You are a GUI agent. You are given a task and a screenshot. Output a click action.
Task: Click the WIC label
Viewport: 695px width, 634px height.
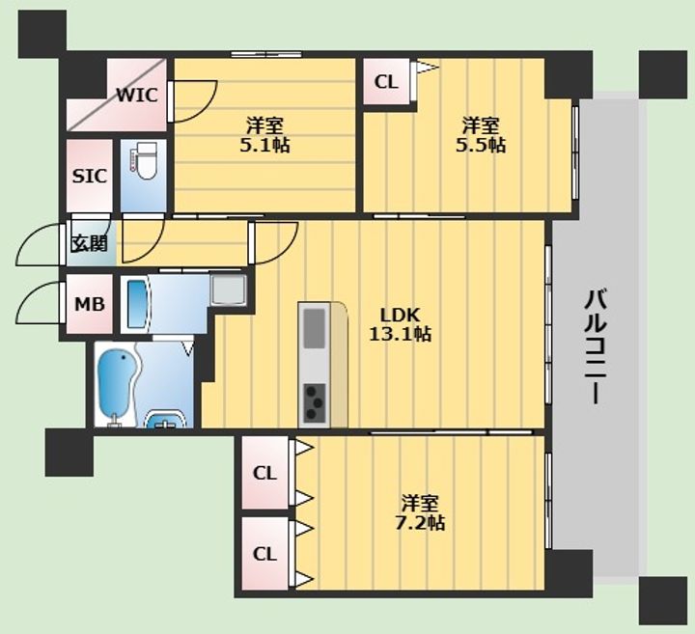[137, 95]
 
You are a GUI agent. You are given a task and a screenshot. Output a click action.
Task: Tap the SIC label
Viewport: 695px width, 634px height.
[90, 177]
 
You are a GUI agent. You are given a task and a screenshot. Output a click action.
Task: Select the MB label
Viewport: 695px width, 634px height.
[90, 304]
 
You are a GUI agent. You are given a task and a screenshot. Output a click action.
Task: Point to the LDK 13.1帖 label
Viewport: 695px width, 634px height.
[400, 324]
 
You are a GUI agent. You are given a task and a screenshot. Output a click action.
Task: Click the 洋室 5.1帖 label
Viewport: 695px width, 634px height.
[265, 135]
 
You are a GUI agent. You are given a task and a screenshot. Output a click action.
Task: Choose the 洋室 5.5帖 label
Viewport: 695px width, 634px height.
[481, 135]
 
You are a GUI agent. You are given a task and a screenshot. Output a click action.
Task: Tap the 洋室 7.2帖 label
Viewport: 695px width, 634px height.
[420, 512]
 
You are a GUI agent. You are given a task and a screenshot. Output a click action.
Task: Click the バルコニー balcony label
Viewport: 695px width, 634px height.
[595, 346]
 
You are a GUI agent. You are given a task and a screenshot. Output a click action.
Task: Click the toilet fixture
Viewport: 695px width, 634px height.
[144, 160]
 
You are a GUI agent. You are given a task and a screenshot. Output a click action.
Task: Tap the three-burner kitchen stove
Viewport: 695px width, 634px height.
[315, 402]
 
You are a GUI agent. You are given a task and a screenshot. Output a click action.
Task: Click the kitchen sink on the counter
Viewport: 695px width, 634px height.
[315, 327]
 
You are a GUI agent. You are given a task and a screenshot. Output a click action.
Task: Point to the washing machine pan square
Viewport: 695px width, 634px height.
[228, 289]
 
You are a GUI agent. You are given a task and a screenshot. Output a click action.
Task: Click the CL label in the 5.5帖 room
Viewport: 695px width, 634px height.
[386, 82]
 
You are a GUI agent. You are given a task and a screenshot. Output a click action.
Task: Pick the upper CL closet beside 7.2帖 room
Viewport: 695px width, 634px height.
[264, 473]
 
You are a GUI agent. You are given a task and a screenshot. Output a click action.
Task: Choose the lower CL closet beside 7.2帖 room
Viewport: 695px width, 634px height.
[264, 553]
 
